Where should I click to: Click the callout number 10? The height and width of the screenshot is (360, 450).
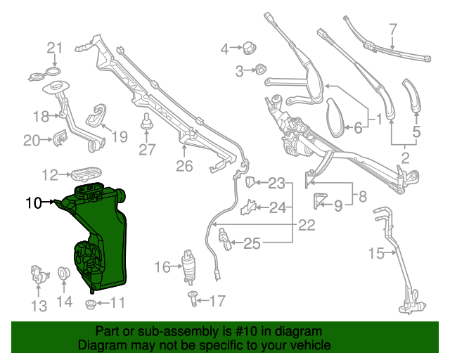[x=34, y=203]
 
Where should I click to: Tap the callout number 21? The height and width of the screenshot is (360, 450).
[x=55, y=48]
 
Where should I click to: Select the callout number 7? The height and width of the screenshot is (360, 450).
[x=393, y=30]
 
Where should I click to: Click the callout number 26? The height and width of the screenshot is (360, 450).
[x=184, y=166]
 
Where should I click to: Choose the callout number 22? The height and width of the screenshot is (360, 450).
[x=307, y=226]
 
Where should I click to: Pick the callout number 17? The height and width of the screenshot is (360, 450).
[x=217, y=301]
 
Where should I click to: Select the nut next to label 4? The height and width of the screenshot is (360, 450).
[x=248, y=49]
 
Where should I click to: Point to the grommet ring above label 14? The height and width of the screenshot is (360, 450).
[x=62, y=273]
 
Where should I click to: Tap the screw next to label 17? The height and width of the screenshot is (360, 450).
[x=192, y=299]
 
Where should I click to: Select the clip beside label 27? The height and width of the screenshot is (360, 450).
[x=147, y=124]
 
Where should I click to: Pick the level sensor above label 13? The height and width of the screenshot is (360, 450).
[x=37, y=275]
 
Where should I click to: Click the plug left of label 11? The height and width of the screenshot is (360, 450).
[x=90, y=304]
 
